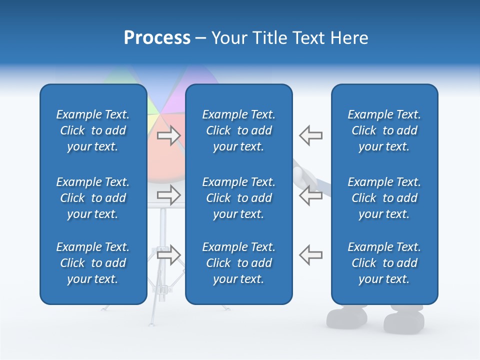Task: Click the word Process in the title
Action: click(x=157, y=38)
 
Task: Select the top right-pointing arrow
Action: click(x=168, y=135)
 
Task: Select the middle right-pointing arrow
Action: click(x=168, y=195)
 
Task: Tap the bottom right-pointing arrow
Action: click(x=168, y=254)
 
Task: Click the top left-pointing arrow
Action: click(x=311, y=135)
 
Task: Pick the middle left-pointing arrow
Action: click(x=311, y=195)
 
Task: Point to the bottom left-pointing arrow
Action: click(x=311, y=254)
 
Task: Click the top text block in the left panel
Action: click(x=93, y=130)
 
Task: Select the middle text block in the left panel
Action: click(x=93, y=198)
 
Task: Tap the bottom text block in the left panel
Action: click(x=93, y=263)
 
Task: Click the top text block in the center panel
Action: click(x=238, y=130)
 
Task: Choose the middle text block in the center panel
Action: click(x=238, y=198)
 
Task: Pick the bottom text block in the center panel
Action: click(x=238, y=263)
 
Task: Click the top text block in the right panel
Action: click(x=384, y=130)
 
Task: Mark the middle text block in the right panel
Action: click(x=384, y=198)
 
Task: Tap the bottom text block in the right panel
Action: click(x=384, y=263)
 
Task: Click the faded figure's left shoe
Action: click(x=346, y=317)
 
